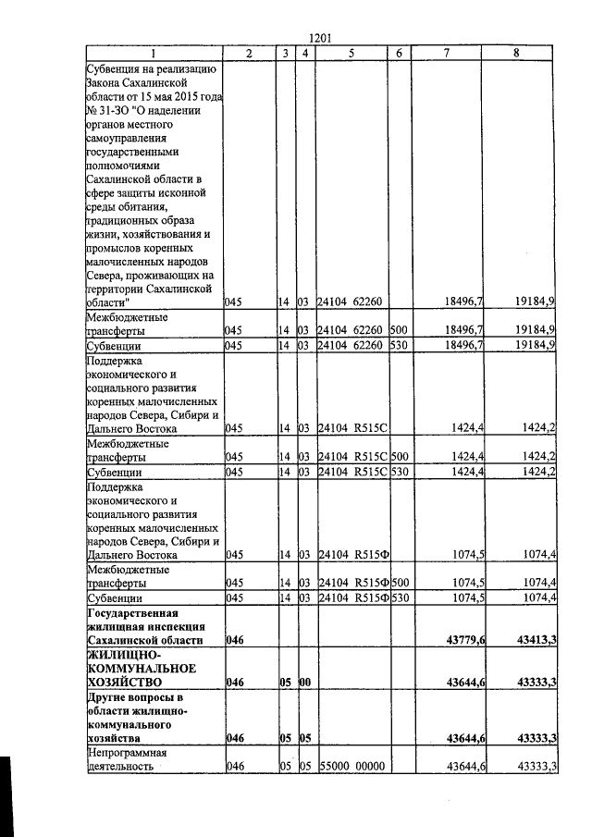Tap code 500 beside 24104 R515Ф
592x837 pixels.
[x=400, y=584]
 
